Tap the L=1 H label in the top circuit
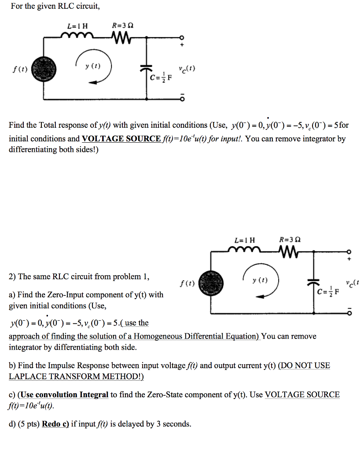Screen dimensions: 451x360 77,26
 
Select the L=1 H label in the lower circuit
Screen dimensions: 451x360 245,240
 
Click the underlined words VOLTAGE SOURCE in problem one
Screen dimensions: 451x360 121,139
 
